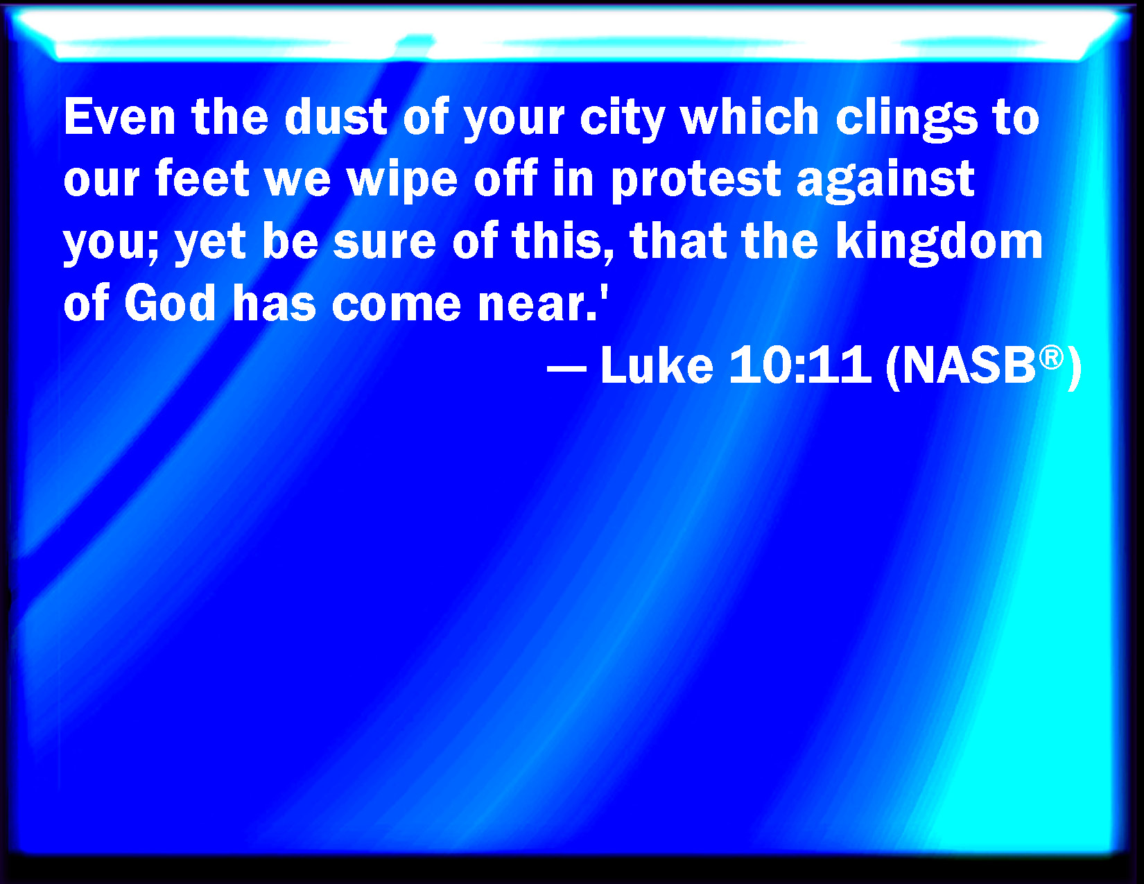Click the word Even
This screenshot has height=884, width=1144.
click(x=119, y=116)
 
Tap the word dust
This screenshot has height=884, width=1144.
click(x=336, y=116)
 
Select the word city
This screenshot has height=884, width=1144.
click(x=623, y=119)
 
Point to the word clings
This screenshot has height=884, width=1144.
click(x=907, y=119)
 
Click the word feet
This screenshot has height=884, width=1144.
click(x=202, y=178)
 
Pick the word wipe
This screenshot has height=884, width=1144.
click(x=401, y=182)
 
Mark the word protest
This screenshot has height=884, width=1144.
click(x=696, y=182)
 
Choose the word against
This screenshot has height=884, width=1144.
click(x=885, y=182)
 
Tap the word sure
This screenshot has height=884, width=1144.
click(x=384, y=244)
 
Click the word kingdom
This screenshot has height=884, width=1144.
click(x=939, y=244)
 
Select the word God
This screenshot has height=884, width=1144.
click(x=170, y=303)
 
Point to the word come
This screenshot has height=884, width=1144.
click(x=396, y=306)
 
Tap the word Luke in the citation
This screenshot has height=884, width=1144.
click(x=657, y=364)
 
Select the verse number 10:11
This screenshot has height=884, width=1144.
click(x=800, y=365)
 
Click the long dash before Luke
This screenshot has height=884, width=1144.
click(x=566, y=367)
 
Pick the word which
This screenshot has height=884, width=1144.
click(x=749, y=116)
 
